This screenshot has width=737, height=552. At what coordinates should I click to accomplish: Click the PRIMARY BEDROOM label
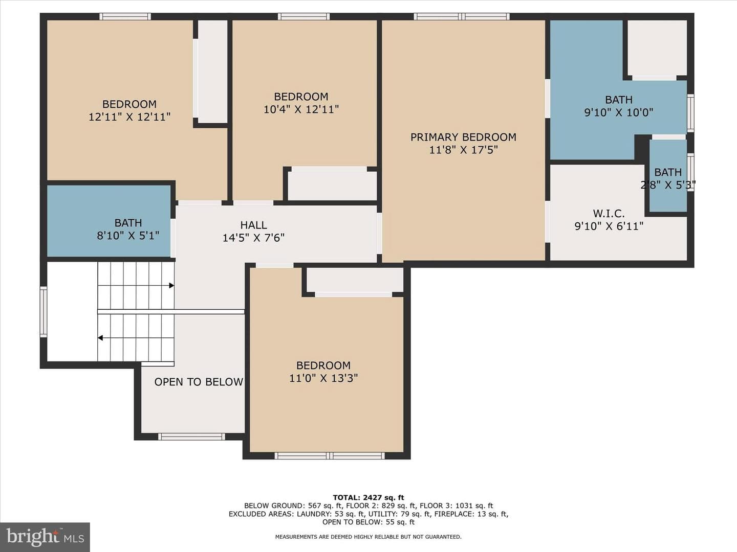[x=463, y=137]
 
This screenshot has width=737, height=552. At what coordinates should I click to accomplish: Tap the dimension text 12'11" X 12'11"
[x=129, y=117]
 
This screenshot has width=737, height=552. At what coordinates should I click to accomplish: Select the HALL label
[x=253, y=225]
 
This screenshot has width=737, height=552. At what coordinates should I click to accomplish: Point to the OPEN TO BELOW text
[x=199, y=382]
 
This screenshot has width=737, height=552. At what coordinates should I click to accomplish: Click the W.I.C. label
[x=609, y=213]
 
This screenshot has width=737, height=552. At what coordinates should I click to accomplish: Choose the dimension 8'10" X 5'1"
[x=128, y=236]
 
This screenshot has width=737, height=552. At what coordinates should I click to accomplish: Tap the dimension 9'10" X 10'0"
[x=619, y=112]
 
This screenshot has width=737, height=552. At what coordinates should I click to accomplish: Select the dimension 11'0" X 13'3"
[x=323, y=378]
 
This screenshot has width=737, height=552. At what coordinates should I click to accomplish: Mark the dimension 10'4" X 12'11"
[x=301, y=109]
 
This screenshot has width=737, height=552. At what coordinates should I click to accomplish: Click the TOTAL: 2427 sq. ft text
[x=368, y=497]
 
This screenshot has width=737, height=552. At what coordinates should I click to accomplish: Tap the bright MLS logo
[x=45, y=537]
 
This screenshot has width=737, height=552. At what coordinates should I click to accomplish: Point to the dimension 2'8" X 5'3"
[x=668, y=185]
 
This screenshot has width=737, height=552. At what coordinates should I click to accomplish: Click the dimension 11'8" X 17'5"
[x=463, y=150]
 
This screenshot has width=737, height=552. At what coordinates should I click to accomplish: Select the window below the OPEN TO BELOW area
[x=191, y=436]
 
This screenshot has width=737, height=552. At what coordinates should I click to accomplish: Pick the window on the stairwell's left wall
[x=44, y=311]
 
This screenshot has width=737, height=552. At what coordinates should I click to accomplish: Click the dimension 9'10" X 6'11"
[x=609, y=226]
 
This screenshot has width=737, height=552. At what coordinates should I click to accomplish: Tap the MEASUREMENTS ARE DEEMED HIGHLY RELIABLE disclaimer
[x=368, y=537]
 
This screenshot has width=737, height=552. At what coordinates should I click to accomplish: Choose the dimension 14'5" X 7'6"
[x=253, y=238]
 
